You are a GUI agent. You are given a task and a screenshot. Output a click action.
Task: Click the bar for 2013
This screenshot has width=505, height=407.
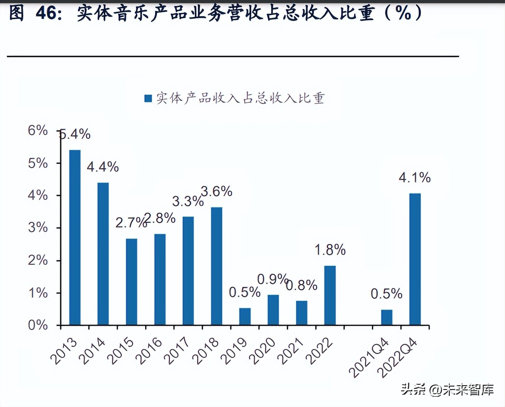(x=75, y=237)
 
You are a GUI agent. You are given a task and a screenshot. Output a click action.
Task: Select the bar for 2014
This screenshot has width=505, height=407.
(x=103, y=254)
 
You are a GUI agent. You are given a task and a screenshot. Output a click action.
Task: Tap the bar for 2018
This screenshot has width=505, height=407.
(x=217, y=266)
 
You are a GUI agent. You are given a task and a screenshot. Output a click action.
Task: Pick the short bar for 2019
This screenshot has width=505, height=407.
(x=245, y=317)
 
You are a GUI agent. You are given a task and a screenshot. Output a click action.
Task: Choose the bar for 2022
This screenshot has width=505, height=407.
(x=330, y=296)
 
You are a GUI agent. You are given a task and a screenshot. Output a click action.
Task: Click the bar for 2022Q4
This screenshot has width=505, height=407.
(x=415, y=259)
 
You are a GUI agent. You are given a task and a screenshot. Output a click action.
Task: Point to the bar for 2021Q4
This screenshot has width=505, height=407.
(x=387, y=317)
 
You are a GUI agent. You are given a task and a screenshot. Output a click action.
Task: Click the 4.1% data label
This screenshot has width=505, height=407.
(x=414, y=178)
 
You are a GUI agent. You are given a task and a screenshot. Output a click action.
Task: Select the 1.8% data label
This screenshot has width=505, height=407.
(x=330, y=250)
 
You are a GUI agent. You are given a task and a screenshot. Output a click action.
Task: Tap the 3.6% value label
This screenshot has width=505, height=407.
(x=217, y=191)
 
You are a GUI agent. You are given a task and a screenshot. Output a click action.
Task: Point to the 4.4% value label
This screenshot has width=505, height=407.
(x=103, y=167)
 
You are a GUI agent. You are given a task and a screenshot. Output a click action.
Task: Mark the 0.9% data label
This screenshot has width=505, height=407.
(x=272, y=279)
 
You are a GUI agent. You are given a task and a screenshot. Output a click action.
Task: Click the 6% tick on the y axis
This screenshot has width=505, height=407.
(x=38, y=131)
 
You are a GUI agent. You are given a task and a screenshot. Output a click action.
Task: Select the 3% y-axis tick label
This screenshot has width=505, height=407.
(x=38, y=228)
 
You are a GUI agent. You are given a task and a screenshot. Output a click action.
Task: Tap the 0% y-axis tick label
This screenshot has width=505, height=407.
(x=38, y=325)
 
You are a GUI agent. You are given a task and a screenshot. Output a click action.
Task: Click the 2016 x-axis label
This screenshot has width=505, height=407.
(x=149, y=351)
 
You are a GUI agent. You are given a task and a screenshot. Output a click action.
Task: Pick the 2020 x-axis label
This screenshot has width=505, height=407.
(x=262, y=351)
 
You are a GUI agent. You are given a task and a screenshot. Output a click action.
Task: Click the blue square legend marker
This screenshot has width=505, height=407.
(x=148, y=99)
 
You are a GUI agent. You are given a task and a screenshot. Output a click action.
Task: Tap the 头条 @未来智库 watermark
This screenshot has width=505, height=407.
(x=447, y=389)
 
